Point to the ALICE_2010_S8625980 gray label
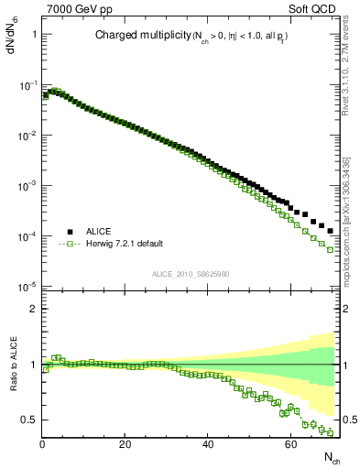coord(191,274)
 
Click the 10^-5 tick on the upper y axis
coord(27,287)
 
